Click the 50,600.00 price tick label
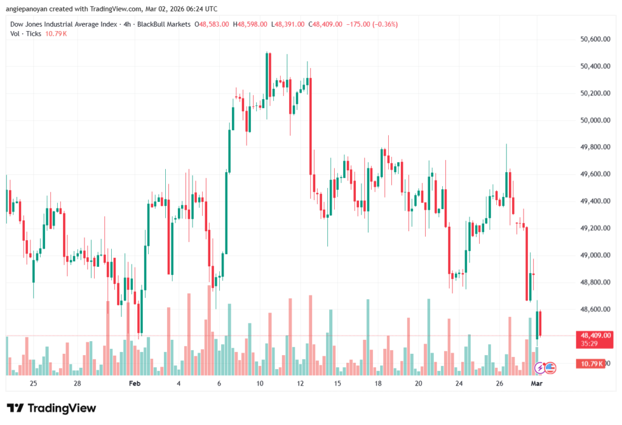(595, 39)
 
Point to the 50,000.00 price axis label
(595, 120)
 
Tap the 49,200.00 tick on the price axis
(595, 229)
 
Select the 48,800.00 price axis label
(595, 282)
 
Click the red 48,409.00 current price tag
(596, 335)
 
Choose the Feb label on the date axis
(135, 384)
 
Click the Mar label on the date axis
(536, 384)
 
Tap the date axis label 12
(299, 384)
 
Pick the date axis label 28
(77, 384)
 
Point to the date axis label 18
(378, 384)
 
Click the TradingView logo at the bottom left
(51, 408)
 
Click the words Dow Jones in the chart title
(26, 24)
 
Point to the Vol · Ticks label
(26, 33)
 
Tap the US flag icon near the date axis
(550, 367)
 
